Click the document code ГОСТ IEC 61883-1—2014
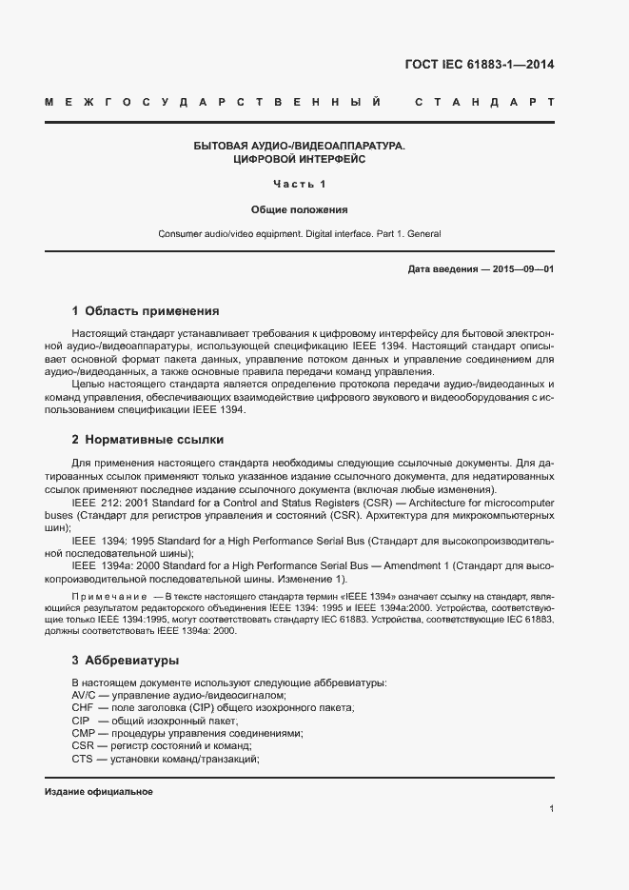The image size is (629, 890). pos(481,66)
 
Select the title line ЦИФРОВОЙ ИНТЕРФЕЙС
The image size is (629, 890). pos(300,160)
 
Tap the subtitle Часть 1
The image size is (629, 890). pos(300,184)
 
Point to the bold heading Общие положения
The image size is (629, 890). pos(300,208)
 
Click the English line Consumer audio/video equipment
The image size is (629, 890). pos(300,233)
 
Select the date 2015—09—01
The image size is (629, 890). pos(523,269)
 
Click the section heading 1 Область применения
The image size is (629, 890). pos(146,310)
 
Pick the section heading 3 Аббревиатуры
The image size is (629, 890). pos(126,660)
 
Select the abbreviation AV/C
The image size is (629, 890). pos(84,696)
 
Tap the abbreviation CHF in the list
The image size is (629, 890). pos(83,708)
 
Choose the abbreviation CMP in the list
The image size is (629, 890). pos(83,734)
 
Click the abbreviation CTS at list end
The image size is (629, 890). pos(82,759)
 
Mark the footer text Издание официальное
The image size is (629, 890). pos(99,792)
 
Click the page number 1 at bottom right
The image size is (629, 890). pos(552,809)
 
